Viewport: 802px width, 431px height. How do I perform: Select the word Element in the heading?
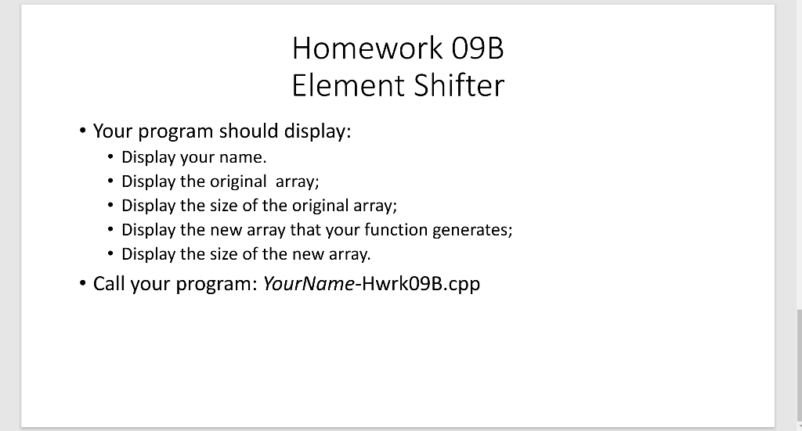tap(341, 85)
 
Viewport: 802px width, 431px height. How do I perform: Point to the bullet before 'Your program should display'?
tap(82, 131)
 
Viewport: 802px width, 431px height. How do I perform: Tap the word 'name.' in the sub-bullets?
tap(236, 158)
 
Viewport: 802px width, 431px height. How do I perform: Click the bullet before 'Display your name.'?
tap(110, 158)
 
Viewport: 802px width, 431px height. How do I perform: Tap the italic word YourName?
tap(308, 283)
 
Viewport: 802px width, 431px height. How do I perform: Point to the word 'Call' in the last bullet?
tap(109, 283)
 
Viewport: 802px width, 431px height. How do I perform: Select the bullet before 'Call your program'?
tap(82, 283)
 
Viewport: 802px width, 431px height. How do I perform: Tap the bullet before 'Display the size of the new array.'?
tap(110, 254)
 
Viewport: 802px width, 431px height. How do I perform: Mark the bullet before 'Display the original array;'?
tap(110, 182)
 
